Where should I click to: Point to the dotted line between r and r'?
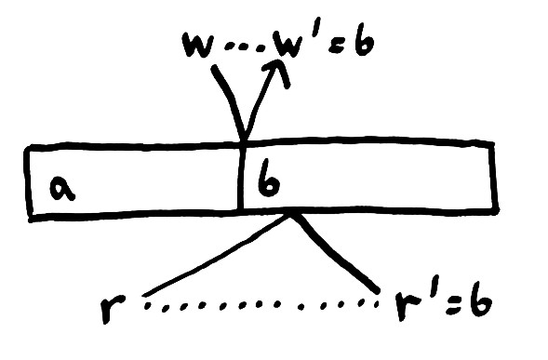pos(261,303)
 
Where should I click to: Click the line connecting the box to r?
pos(214,258)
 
